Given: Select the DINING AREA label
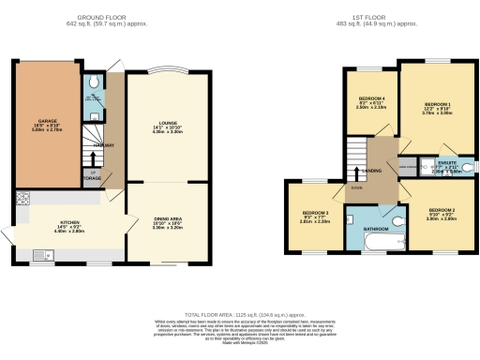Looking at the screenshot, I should click(x=167, y=219).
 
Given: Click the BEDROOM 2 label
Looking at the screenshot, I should click(x=442, y=210).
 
